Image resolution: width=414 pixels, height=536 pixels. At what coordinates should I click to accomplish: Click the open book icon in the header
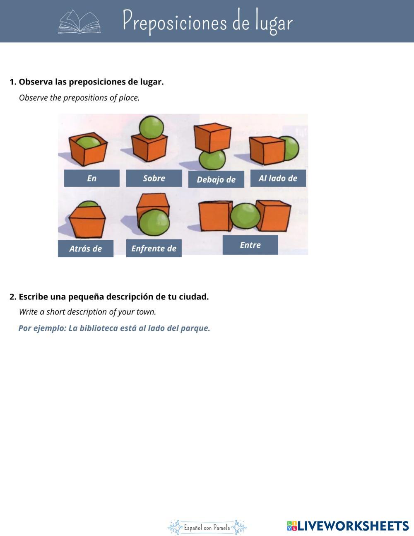79,22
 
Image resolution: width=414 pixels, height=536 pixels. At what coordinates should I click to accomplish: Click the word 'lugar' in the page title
274,23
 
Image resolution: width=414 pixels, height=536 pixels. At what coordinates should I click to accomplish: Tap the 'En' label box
91,178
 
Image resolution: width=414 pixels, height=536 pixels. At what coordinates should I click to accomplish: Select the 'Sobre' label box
154,178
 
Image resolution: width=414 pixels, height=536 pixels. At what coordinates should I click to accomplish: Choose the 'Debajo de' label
216,179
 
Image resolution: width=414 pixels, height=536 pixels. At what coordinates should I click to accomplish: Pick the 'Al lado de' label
278,178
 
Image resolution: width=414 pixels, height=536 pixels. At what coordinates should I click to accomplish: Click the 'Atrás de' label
85,249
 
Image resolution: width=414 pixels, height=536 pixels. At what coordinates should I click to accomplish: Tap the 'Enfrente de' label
154,249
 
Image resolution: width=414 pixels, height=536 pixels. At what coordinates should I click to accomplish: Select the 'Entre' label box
250,245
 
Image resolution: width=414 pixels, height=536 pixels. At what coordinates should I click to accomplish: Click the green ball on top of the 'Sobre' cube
152,126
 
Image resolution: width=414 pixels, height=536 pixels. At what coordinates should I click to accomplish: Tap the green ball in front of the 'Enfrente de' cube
154,222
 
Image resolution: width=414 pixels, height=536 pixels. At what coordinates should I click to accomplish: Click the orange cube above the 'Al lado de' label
267,150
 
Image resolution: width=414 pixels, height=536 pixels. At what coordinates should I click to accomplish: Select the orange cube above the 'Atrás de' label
87,222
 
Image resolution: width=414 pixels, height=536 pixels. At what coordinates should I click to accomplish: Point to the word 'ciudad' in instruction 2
195,297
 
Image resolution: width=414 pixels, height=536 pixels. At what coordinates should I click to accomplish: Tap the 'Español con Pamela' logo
207,527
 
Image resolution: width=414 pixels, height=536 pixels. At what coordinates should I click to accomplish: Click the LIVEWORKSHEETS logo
348,526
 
